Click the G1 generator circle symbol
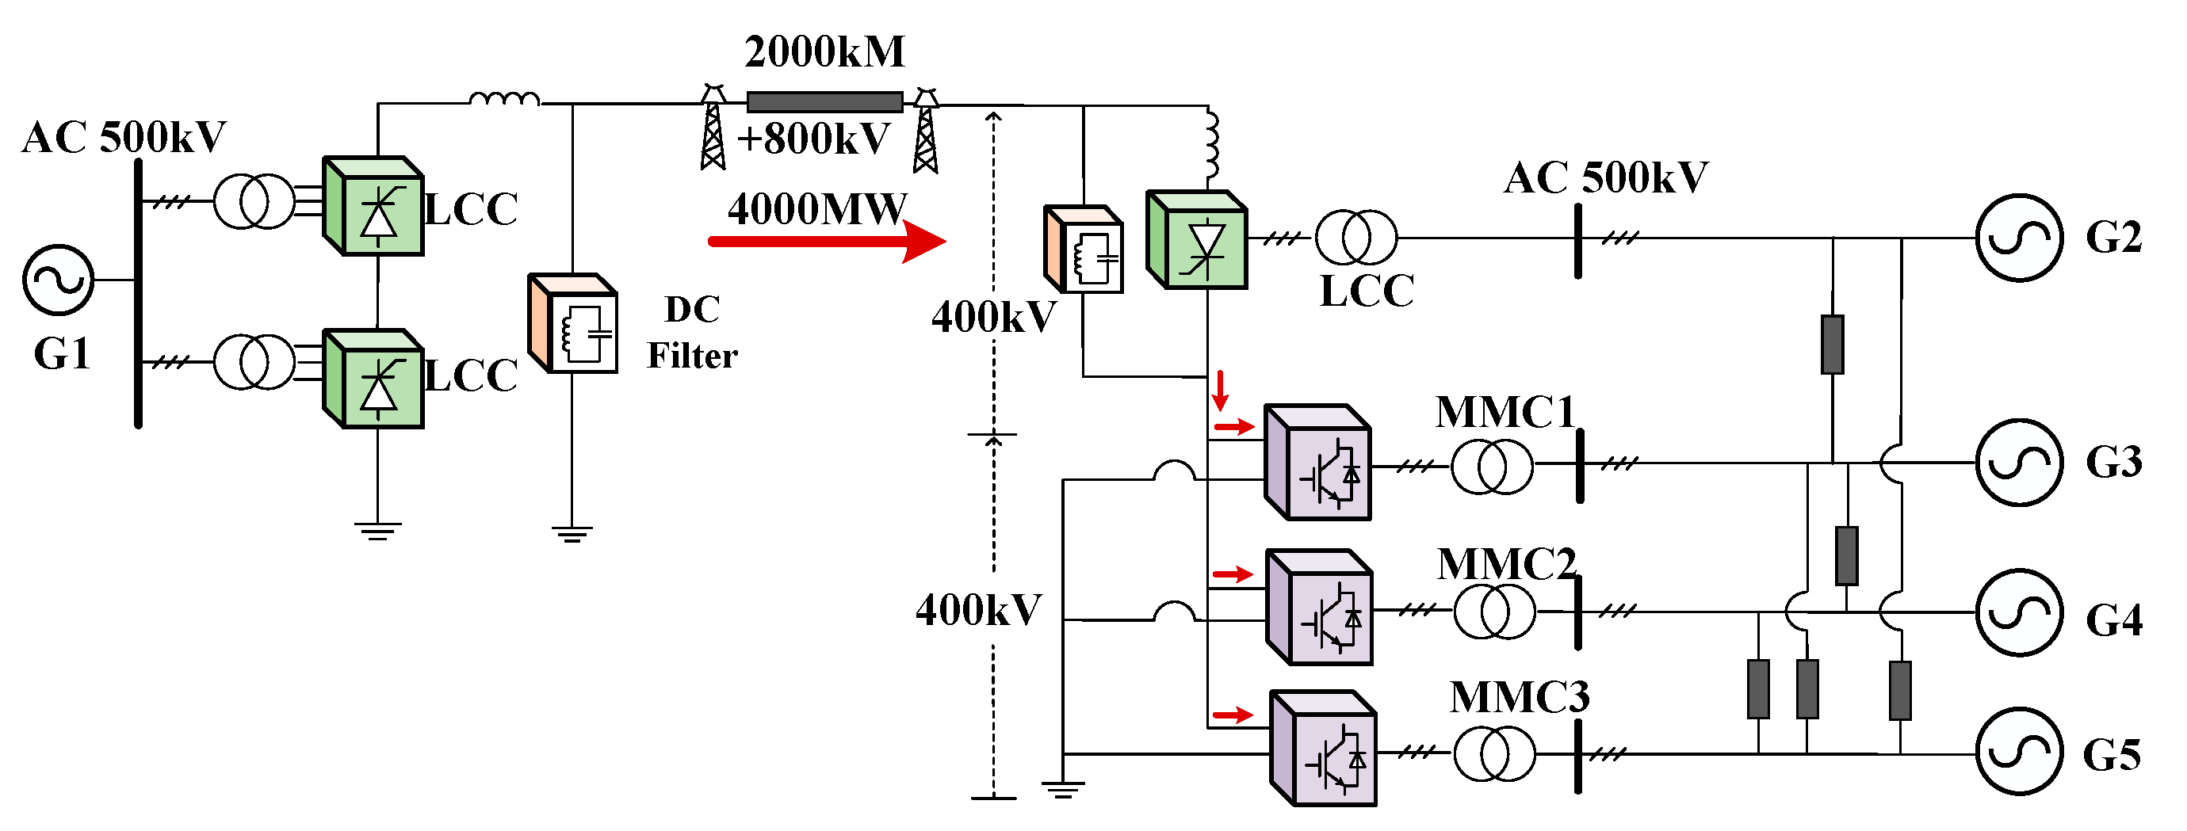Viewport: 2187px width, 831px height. pos(58,280)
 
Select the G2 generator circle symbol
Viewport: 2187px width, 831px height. pos(2019,238)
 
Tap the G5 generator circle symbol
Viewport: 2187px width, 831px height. pos(2019,752)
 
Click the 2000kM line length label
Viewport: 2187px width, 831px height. pos(824,52)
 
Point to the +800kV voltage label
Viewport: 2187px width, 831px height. pos(813,139)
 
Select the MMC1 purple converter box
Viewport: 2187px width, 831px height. pos(1317,463)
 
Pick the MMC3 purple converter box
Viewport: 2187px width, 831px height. pos(1323,749)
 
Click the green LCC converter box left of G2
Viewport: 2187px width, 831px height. pos(1196,241)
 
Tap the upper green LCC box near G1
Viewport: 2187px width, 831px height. pos(373,206)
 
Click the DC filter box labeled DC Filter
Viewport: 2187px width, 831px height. pos(573,324)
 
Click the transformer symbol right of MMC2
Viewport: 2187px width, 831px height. pos(1494,611)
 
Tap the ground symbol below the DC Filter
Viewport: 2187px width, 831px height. pos(572,534)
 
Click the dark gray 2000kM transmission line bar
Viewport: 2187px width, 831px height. pos(824,103)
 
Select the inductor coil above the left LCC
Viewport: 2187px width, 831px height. pos(504,99)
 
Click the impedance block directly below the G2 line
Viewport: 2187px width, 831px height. pos(1832,345)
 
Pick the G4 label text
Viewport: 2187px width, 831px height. pos(2113,620)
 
